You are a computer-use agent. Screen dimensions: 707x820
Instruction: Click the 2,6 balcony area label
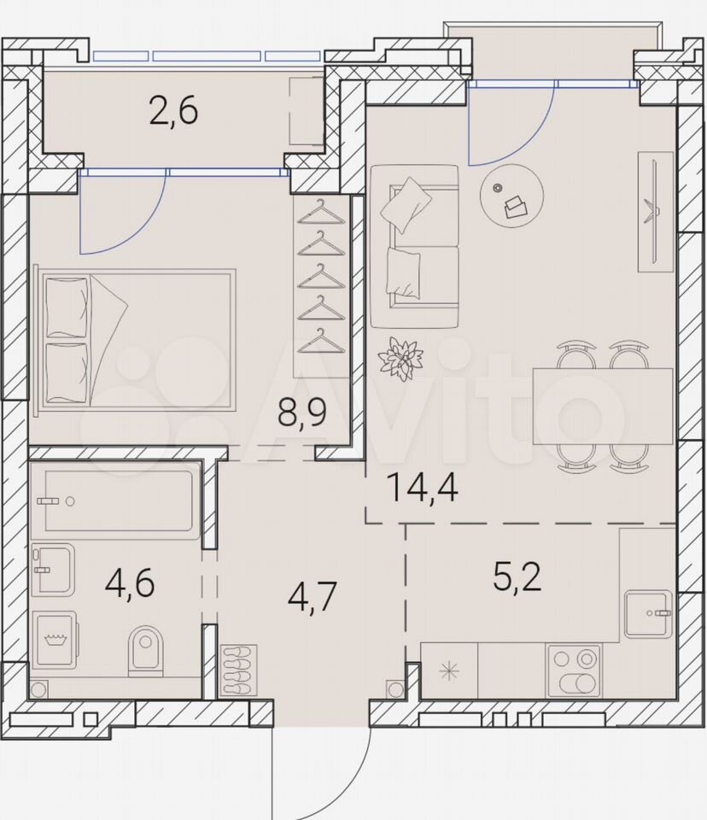[173, 112]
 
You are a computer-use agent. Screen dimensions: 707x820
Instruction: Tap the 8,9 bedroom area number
[302, 413]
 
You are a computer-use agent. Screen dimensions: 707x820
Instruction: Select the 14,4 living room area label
[423, 489]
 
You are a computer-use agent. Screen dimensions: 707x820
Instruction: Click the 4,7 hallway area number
[313, 597]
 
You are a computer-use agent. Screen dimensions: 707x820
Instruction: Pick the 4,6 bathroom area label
[130, 583]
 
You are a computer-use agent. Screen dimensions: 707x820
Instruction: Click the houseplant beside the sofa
[400, 358]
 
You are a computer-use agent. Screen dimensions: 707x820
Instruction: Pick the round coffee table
[512, 196]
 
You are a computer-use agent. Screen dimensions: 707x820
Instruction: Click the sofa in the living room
[415, 246]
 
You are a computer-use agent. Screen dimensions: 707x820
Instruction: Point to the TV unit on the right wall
[656, 212]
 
